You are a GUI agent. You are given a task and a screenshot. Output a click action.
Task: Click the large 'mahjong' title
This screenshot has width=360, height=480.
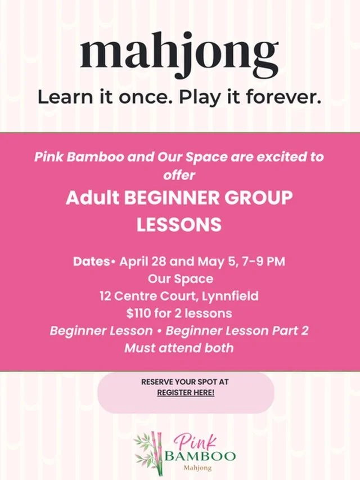click(179, 55)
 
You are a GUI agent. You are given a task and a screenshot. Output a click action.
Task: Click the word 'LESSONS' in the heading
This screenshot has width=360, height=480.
click(179, 225)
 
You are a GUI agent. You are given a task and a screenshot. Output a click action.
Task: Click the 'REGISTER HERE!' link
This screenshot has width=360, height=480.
click(186, 392)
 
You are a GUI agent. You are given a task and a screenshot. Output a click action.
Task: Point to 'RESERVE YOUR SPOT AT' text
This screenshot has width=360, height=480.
click(185, 382)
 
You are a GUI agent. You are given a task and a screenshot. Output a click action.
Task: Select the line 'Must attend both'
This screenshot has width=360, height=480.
click(179, 347)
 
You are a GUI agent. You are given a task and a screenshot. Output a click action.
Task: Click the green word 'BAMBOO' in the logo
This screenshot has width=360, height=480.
click(200, 455)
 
